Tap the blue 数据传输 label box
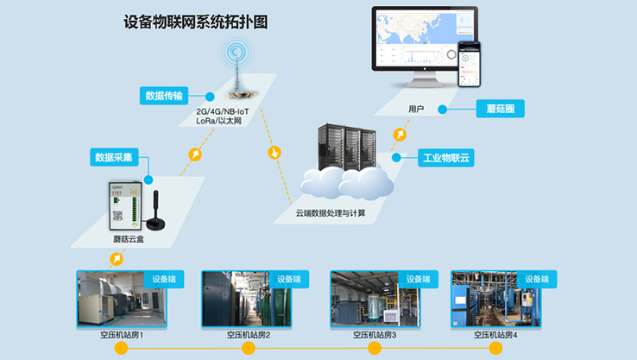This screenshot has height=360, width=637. click(164, 95)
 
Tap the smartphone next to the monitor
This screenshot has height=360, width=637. click(470, 65)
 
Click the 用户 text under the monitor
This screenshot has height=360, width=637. click(416, 110)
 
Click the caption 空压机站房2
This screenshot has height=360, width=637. click(249, 334)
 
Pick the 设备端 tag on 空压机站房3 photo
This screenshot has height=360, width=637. click(416, 279)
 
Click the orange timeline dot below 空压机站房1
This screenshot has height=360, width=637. click(122, 349)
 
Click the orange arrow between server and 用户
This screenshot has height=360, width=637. click(400, 135)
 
